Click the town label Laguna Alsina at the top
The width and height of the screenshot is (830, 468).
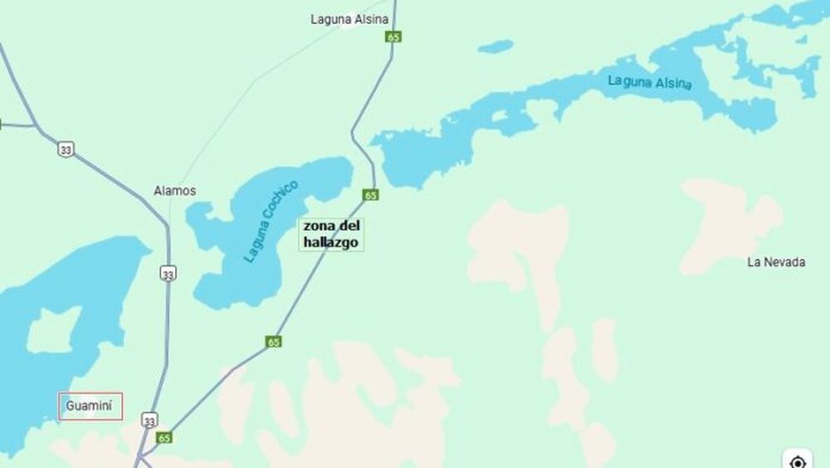(349, 18)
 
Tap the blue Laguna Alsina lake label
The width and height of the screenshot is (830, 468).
(649, 82)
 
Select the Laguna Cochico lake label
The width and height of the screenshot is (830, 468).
(271, 220)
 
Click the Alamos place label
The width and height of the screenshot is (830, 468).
(175, 190)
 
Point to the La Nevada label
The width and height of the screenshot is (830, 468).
(776, 262)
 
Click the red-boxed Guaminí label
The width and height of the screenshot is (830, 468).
(90, 406)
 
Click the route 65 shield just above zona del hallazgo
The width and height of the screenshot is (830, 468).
(371, 195)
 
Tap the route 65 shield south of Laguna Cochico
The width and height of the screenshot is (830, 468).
(274, 341)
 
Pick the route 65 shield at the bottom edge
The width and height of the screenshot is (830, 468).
(164, 437)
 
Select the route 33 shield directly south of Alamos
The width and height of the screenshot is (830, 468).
(168, 273)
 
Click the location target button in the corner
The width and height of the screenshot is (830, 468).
(798, 461)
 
